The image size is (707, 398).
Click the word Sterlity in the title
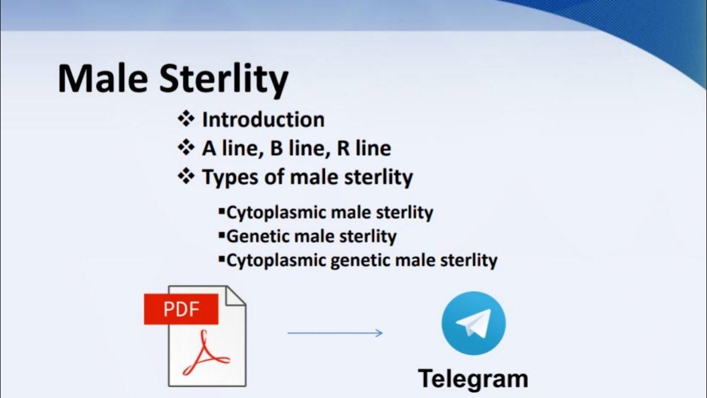point(224,79)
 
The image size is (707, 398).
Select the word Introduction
point(263,119)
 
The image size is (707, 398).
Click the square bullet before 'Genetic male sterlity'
point(222,235)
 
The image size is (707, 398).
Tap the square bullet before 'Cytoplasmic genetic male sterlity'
point(222,259)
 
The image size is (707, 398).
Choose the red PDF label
point(181,309)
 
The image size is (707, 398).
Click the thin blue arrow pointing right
point(335,333)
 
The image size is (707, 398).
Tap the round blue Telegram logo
point(473,323)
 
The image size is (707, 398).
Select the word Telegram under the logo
point(473,379)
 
